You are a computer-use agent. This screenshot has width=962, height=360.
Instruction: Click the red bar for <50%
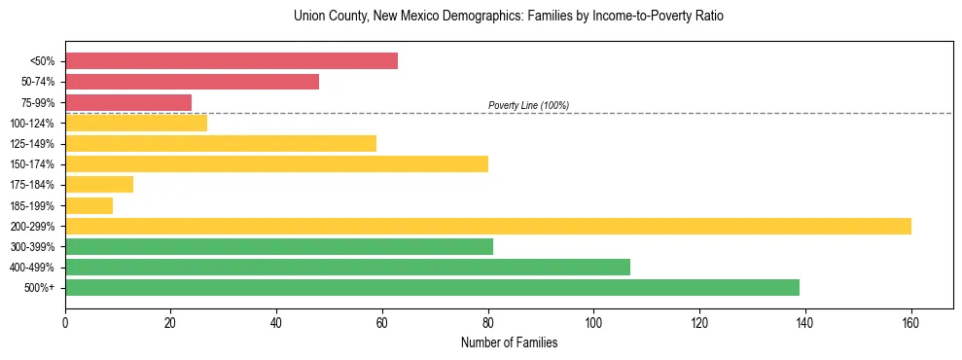pyautogui.click(x=232, y=61)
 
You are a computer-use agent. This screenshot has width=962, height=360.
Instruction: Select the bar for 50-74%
pyautogui.click(x=192, y=82)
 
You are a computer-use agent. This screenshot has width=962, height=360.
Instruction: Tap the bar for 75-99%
pyautogui.click(x=128, y=102)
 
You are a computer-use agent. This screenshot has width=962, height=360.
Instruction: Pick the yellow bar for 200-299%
pyautogui.click(x=488, y=226)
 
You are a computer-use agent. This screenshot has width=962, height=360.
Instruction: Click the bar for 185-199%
pyautogui.click(x=89, y=205)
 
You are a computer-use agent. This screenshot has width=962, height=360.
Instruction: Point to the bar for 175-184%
pyautogui.click(x=99, y=185)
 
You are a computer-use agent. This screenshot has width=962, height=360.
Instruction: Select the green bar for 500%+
pyautogui.click(x=432, y=287)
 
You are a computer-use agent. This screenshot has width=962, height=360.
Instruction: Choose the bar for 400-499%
pyautogui.click(x=347, y=267)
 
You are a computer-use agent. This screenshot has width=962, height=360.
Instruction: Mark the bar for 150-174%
pyautogui.click(x=276, y=163)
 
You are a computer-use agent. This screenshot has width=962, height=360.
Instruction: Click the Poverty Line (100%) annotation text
pyautogui.click(x=528, y=105)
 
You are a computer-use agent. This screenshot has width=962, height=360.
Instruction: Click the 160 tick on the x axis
pyautogui.click(x=910, y=321)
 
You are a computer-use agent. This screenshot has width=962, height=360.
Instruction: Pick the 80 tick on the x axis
pyautogui.click(x=488, y=321)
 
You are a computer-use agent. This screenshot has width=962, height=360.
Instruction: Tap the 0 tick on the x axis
pyautogui.click(x=65, y=321)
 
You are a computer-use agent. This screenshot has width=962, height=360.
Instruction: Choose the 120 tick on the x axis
pyautogui.click(x=699, y=321)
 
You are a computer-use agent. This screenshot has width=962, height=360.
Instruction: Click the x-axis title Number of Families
pyautogui.click(x=509, y=342)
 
